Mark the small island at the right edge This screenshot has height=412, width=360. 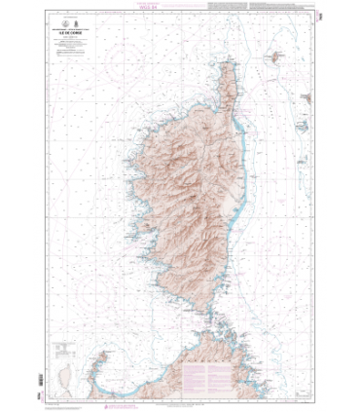(306, 97)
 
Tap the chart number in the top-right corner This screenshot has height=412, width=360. (319, 17)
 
